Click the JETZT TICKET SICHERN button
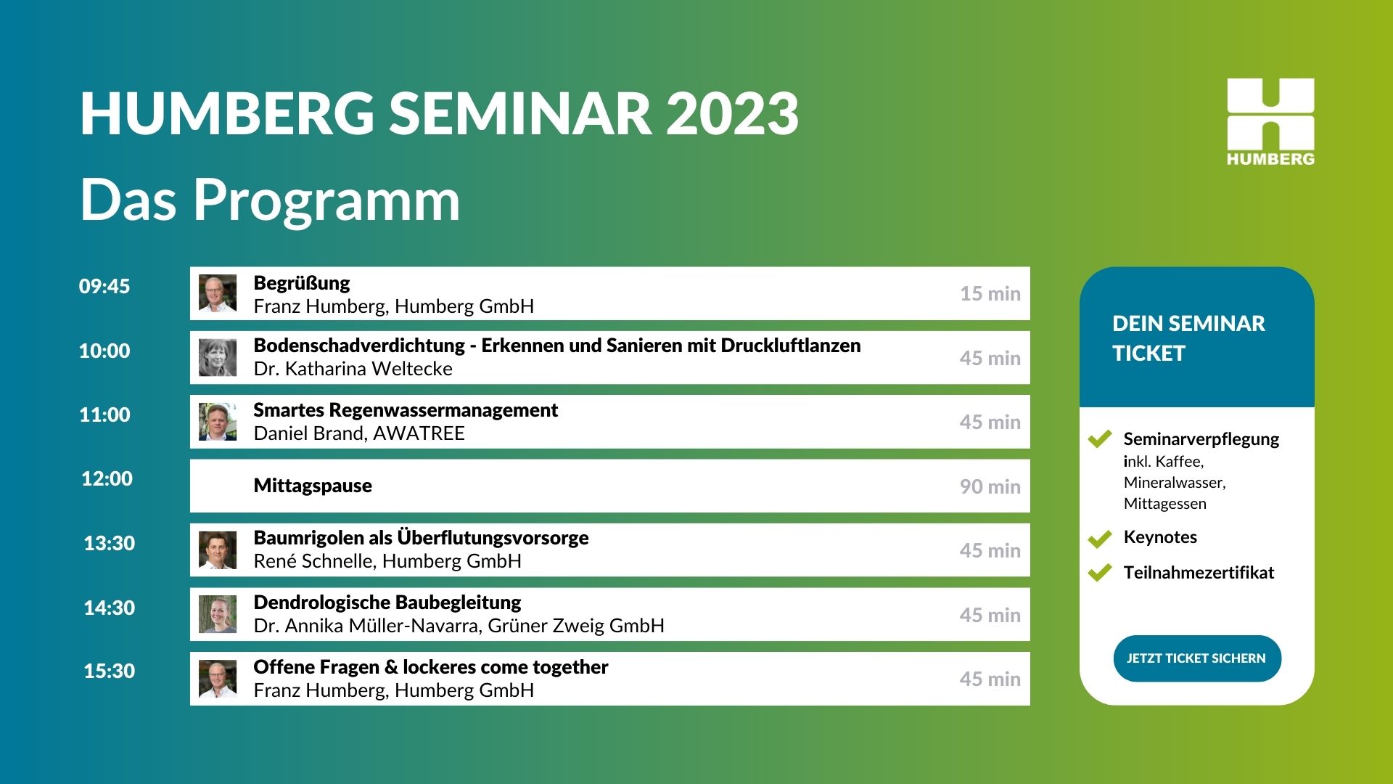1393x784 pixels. click(x=1197, y=658)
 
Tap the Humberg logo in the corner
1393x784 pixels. click(x=1270, y=122)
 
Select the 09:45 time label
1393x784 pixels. click(x=104, y=286)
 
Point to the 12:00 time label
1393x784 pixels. click(x=107, y=478)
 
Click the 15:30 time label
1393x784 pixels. click(x=110, y=671)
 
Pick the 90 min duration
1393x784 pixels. click(x=990, y=486)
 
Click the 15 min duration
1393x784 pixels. click(x=990, y=293)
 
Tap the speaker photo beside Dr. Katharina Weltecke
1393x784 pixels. click(x=218, y=358)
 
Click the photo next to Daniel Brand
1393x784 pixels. click(x=218, y=422)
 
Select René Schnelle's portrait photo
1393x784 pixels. click(x=218, y=550)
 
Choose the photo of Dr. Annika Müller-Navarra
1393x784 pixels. click(x=218, y=614)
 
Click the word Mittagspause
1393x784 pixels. click(x=313, y=486)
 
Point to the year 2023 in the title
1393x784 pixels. click(x=732, y=113)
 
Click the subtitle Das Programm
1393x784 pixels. click(x=270, y=200)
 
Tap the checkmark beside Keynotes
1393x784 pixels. click(x=1100, y=539)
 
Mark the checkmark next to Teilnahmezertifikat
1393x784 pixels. click(x=1100, y=573)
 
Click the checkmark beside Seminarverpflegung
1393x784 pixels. click(x=1100, y=438)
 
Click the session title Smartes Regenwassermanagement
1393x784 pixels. click(x=406, y=411)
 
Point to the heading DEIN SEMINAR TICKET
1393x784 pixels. click(x=1188, y=338)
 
